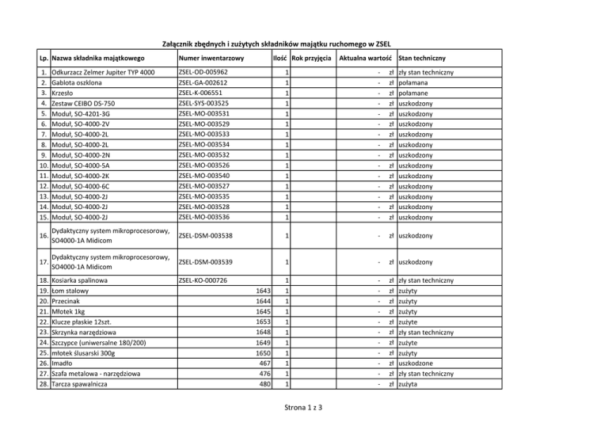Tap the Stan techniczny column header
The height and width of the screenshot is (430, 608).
pos(422,59)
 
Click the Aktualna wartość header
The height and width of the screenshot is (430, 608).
pos(365,59)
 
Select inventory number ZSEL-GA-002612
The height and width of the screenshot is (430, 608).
pos(203,83)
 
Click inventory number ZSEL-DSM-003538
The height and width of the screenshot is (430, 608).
pos(205,236)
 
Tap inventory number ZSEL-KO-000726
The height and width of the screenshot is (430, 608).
pos(203,280)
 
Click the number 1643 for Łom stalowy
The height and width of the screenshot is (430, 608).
pos(261,291)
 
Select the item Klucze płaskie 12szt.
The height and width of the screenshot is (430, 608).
pos(87,322)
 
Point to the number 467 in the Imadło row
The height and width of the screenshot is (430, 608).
pos(264,363)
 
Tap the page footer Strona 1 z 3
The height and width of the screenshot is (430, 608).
pos(303,409)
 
